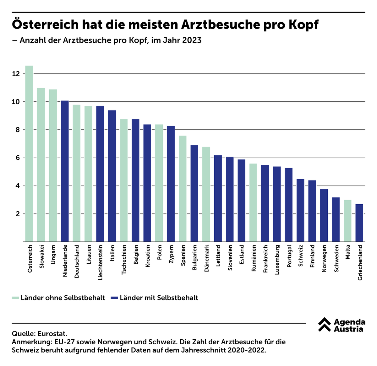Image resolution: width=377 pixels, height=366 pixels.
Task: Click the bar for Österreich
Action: pos(29,154)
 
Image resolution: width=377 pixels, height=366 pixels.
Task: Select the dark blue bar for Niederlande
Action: pos(65,171)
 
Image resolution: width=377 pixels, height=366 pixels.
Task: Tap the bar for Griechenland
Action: pos(359,223)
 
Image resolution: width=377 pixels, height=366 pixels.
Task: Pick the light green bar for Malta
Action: pos(347,221)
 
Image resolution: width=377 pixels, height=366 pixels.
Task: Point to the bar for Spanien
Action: pos(183,188)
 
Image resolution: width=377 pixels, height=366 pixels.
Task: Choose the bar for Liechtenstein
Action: pos(100,174)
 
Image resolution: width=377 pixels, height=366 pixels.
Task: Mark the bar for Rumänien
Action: pos(253,202)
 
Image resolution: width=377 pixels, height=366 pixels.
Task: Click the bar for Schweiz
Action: pos(300,210)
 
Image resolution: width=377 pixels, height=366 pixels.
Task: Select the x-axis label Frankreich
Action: pos(265,259)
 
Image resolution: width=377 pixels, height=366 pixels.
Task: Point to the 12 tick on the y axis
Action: pos(16,74)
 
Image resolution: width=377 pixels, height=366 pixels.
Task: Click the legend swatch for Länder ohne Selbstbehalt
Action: pos(15,298)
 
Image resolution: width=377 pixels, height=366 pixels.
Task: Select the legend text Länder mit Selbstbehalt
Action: pos(159,298)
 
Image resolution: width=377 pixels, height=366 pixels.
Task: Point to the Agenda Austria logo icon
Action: pos(324,325)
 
